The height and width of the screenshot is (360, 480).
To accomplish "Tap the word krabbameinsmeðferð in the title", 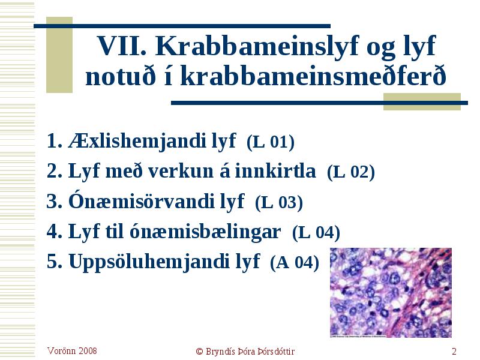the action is point(313,76).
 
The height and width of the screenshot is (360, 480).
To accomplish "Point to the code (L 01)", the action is point(271,142).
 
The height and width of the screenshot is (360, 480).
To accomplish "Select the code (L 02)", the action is point(351,172).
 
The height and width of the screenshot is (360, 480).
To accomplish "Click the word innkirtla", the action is point(275,171).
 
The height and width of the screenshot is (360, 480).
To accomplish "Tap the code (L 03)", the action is point(279,202).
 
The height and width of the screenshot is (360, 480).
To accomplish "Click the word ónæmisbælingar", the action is point(205,232).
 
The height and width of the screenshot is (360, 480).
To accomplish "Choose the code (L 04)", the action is point(316,233).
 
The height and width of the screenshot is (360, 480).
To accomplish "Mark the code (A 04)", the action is point(295,263).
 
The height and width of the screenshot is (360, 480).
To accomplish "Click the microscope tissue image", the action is point(391,293).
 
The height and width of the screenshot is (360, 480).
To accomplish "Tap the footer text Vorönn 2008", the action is point(72,351).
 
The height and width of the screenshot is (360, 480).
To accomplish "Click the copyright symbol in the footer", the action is point(200,352).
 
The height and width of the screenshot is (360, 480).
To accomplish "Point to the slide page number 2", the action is point(454,351).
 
